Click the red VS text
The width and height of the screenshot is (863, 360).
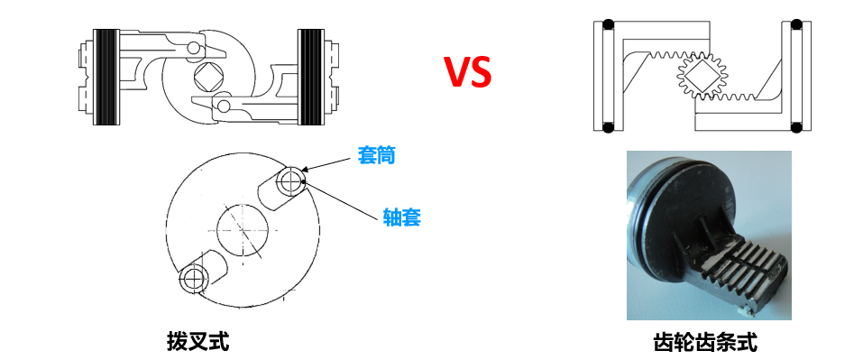pos(467,72)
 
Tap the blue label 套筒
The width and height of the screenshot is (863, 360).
pos(377,155)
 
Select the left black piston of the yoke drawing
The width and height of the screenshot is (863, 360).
pos(106,78)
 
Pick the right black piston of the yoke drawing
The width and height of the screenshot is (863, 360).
pos(311,78)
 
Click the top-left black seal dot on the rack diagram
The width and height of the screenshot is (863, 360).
pos(609,24)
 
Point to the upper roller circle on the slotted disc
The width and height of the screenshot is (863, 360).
pos(290,181)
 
